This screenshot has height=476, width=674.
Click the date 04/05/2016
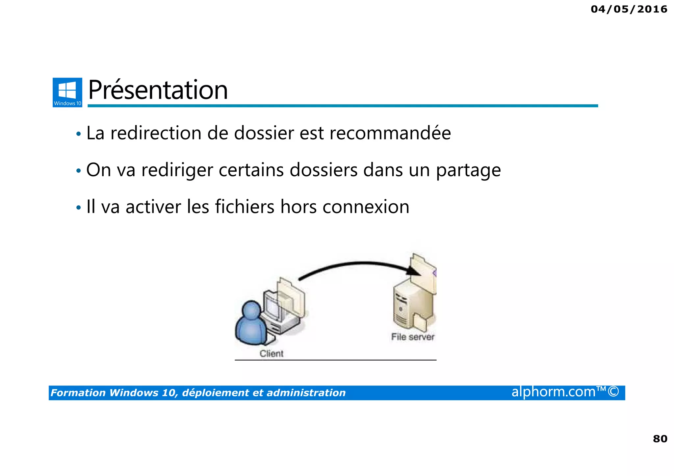(629, 9)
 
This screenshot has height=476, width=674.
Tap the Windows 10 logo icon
(67, 92)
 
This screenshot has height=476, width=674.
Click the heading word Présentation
(158, 90)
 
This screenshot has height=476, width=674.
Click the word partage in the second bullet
(468, 170)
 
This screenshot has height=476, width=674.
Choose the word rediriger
(177, 170)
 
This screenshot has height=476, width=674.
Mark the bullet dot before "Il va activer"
(78, 208)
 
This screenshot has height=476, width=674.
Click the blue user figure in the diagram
(251, 324)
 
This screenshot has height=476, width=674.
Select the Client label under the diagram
(271, 354)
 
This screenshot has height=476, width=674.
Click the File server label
(413, 337)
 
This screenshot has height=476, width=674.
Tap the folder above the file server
(424, 273)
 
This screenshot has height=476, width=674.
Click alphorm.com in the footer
(554, 392)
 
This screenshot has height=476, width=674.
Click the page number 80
(660, 439)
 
